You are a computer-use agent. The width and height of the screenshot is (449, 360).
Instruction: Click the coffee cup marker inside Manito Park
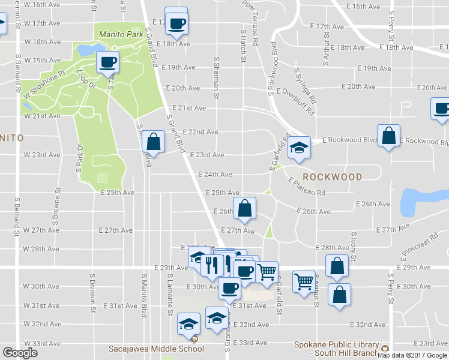point(108,61)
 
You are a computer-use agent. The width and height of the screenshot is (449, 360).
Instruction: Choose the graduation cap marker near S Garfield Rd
point(298,147)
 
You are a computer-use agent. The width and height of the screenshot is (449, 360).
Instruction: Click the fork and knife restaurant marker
point(211,264)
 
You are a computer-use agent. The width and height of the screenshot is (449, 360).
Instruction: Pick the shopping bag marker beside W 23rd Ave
point(153,142)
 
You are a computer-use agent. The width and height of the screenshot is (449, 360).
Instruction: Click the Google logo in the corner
point(20,353)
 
